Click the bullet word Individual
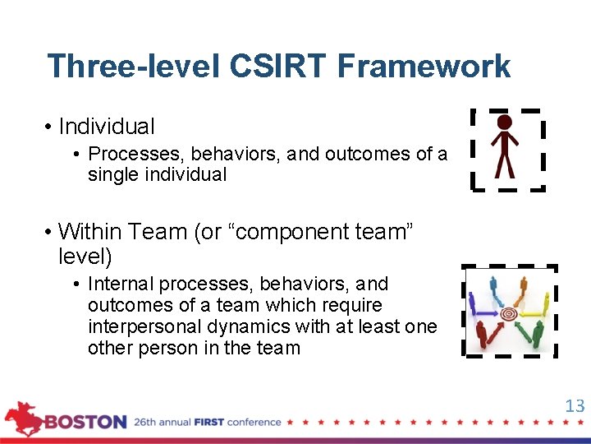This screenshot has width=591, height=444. [107, 127]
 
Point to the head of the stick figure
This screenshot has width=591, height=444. [505, 123]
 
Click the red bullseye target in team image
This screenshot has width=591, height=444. [509, 313]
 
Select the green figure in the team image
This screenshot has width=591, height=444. [538, 332]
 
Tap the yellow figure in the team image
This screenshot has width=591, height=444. [546, 303]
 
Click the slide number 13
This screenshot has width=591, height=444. [575, 405]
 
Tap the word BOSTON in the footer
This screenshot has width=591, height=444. [86, 423]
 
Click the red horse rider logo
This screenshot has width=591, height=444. [23, 418]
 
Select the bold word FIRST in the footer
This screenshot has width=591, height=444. [209, 423]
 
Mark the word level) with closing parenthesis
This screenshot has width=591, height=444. [85, 257]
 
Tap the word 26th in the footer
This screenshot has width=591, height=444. [148, 423]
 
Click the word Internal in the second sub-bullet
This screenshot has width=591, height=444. [121, 284]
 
